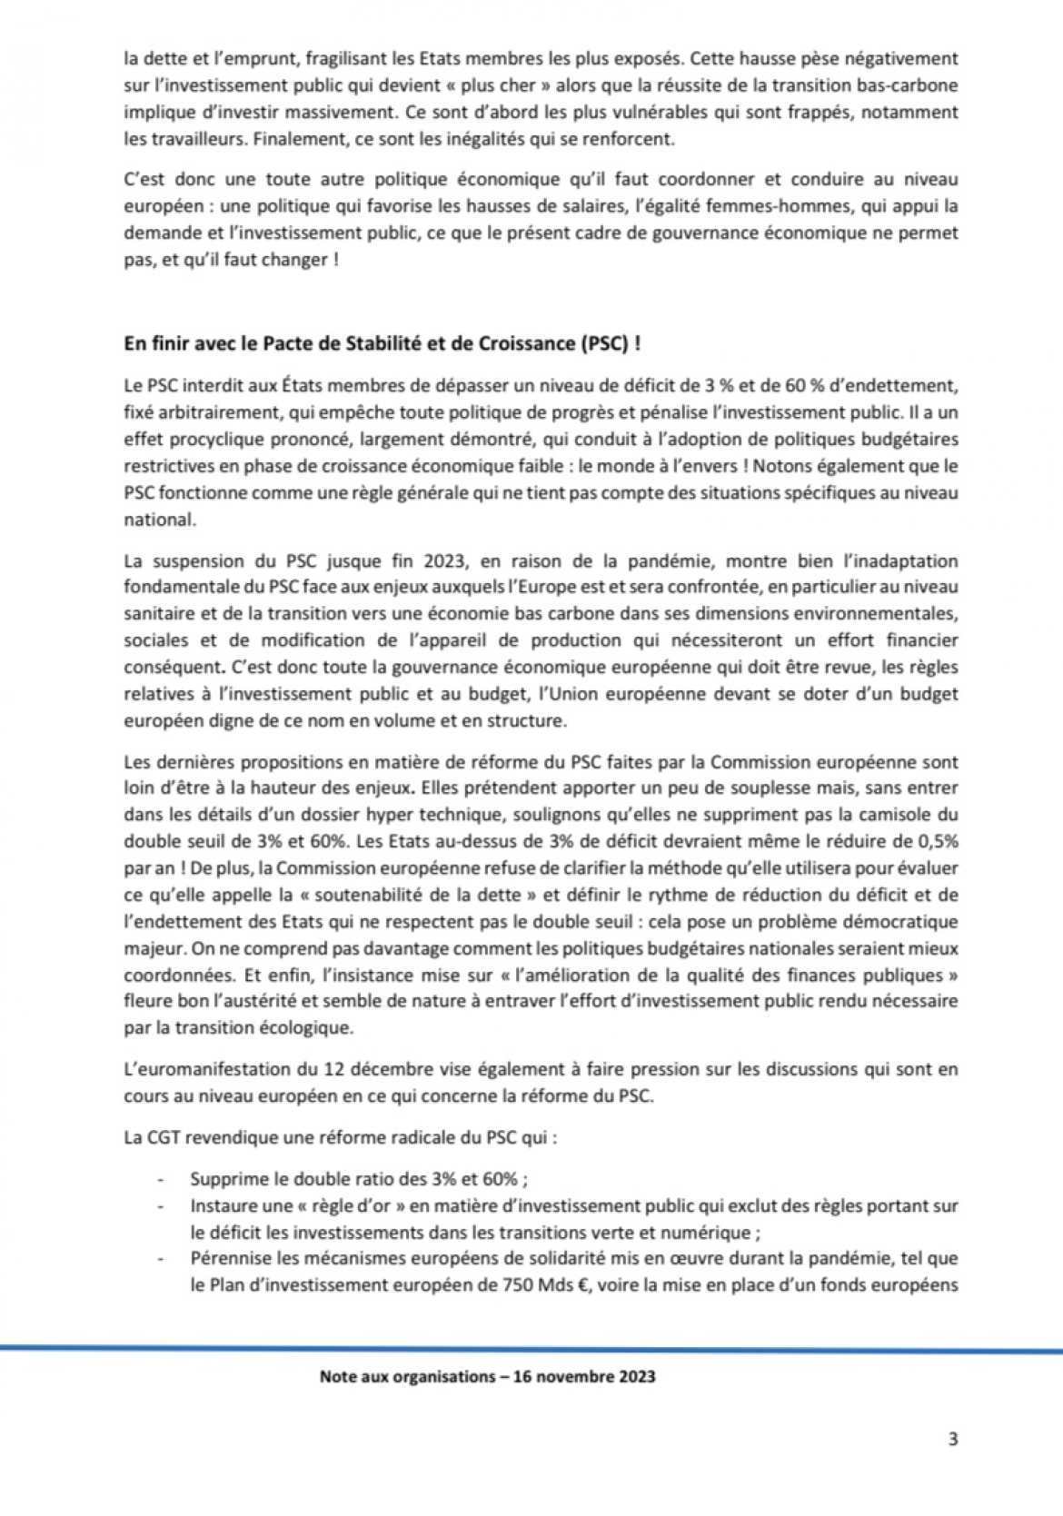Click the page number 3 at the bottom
click(952, 1439)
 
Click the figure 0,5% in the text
click(937, 841)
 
